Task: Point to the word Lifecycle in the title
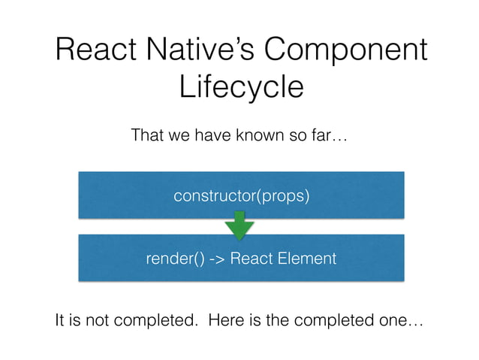[x=241, y=87]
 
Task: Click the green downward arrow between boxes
[x=239, y=226]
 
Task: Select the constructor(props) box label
[x=241, y=196]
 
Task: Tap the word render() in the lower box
[x=170, y=259]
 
